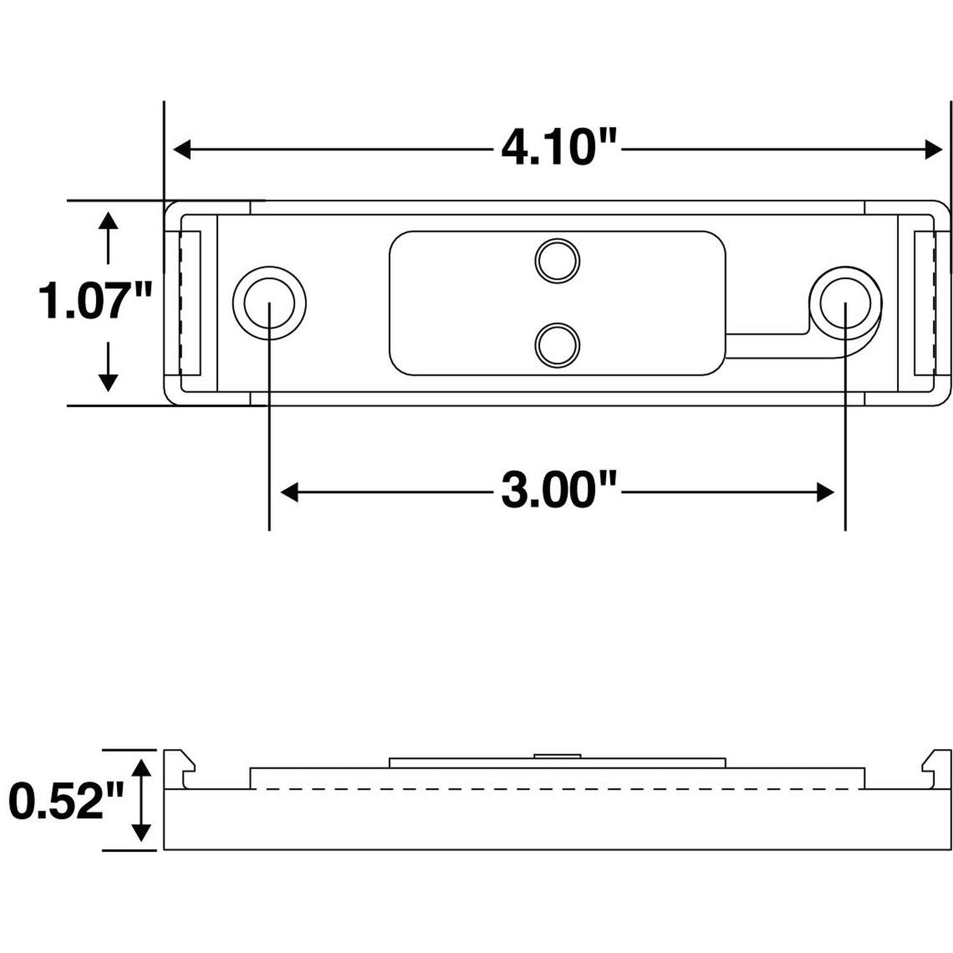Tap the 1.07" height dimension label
click(96, 301)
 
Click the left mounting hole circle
click(269, 302)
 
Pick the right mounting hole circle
click(846, 302)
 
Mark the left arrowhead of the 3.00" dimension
click(290, 492)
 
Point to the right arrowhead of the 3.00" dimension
click(825, 492)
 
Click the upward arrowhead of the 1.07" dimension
click(109, 222)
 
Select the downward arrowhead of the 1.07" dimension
click(109, 382)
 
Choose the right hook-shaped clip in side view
click(937, 769)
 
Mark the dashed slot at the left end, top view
click(190, 302)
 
